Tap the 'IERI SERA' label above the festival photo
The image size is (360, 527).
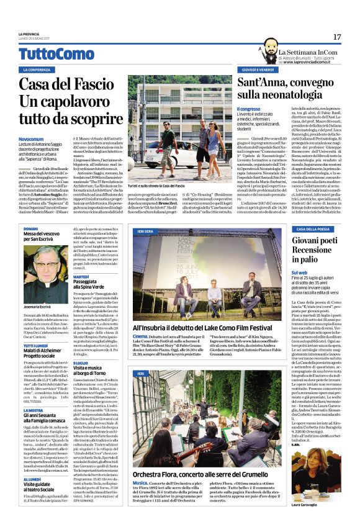[145, 231]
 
